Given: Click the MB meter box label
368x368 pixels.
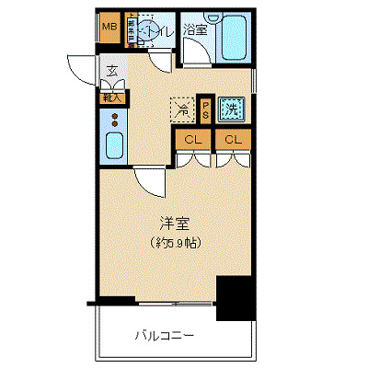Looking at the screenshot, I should pyautogui.click(x=109, y=27).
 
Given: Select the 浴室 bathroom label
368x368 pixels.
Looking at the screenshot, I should pyautogui.click(x=194, y=29).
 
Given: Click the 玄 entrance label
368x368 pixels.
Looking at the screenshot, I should pyautogui.click(x=111, y=71).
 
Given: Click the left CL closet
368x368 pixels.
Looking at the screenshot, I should pyautogui.click(x=193, y=140).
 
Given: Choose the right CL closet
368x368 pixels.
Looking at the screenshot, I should pyautogui.click(x=233, y=140).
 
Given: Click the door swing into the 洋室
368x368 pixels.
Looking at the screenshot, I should pyautogui.click(x=149, y=180).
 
